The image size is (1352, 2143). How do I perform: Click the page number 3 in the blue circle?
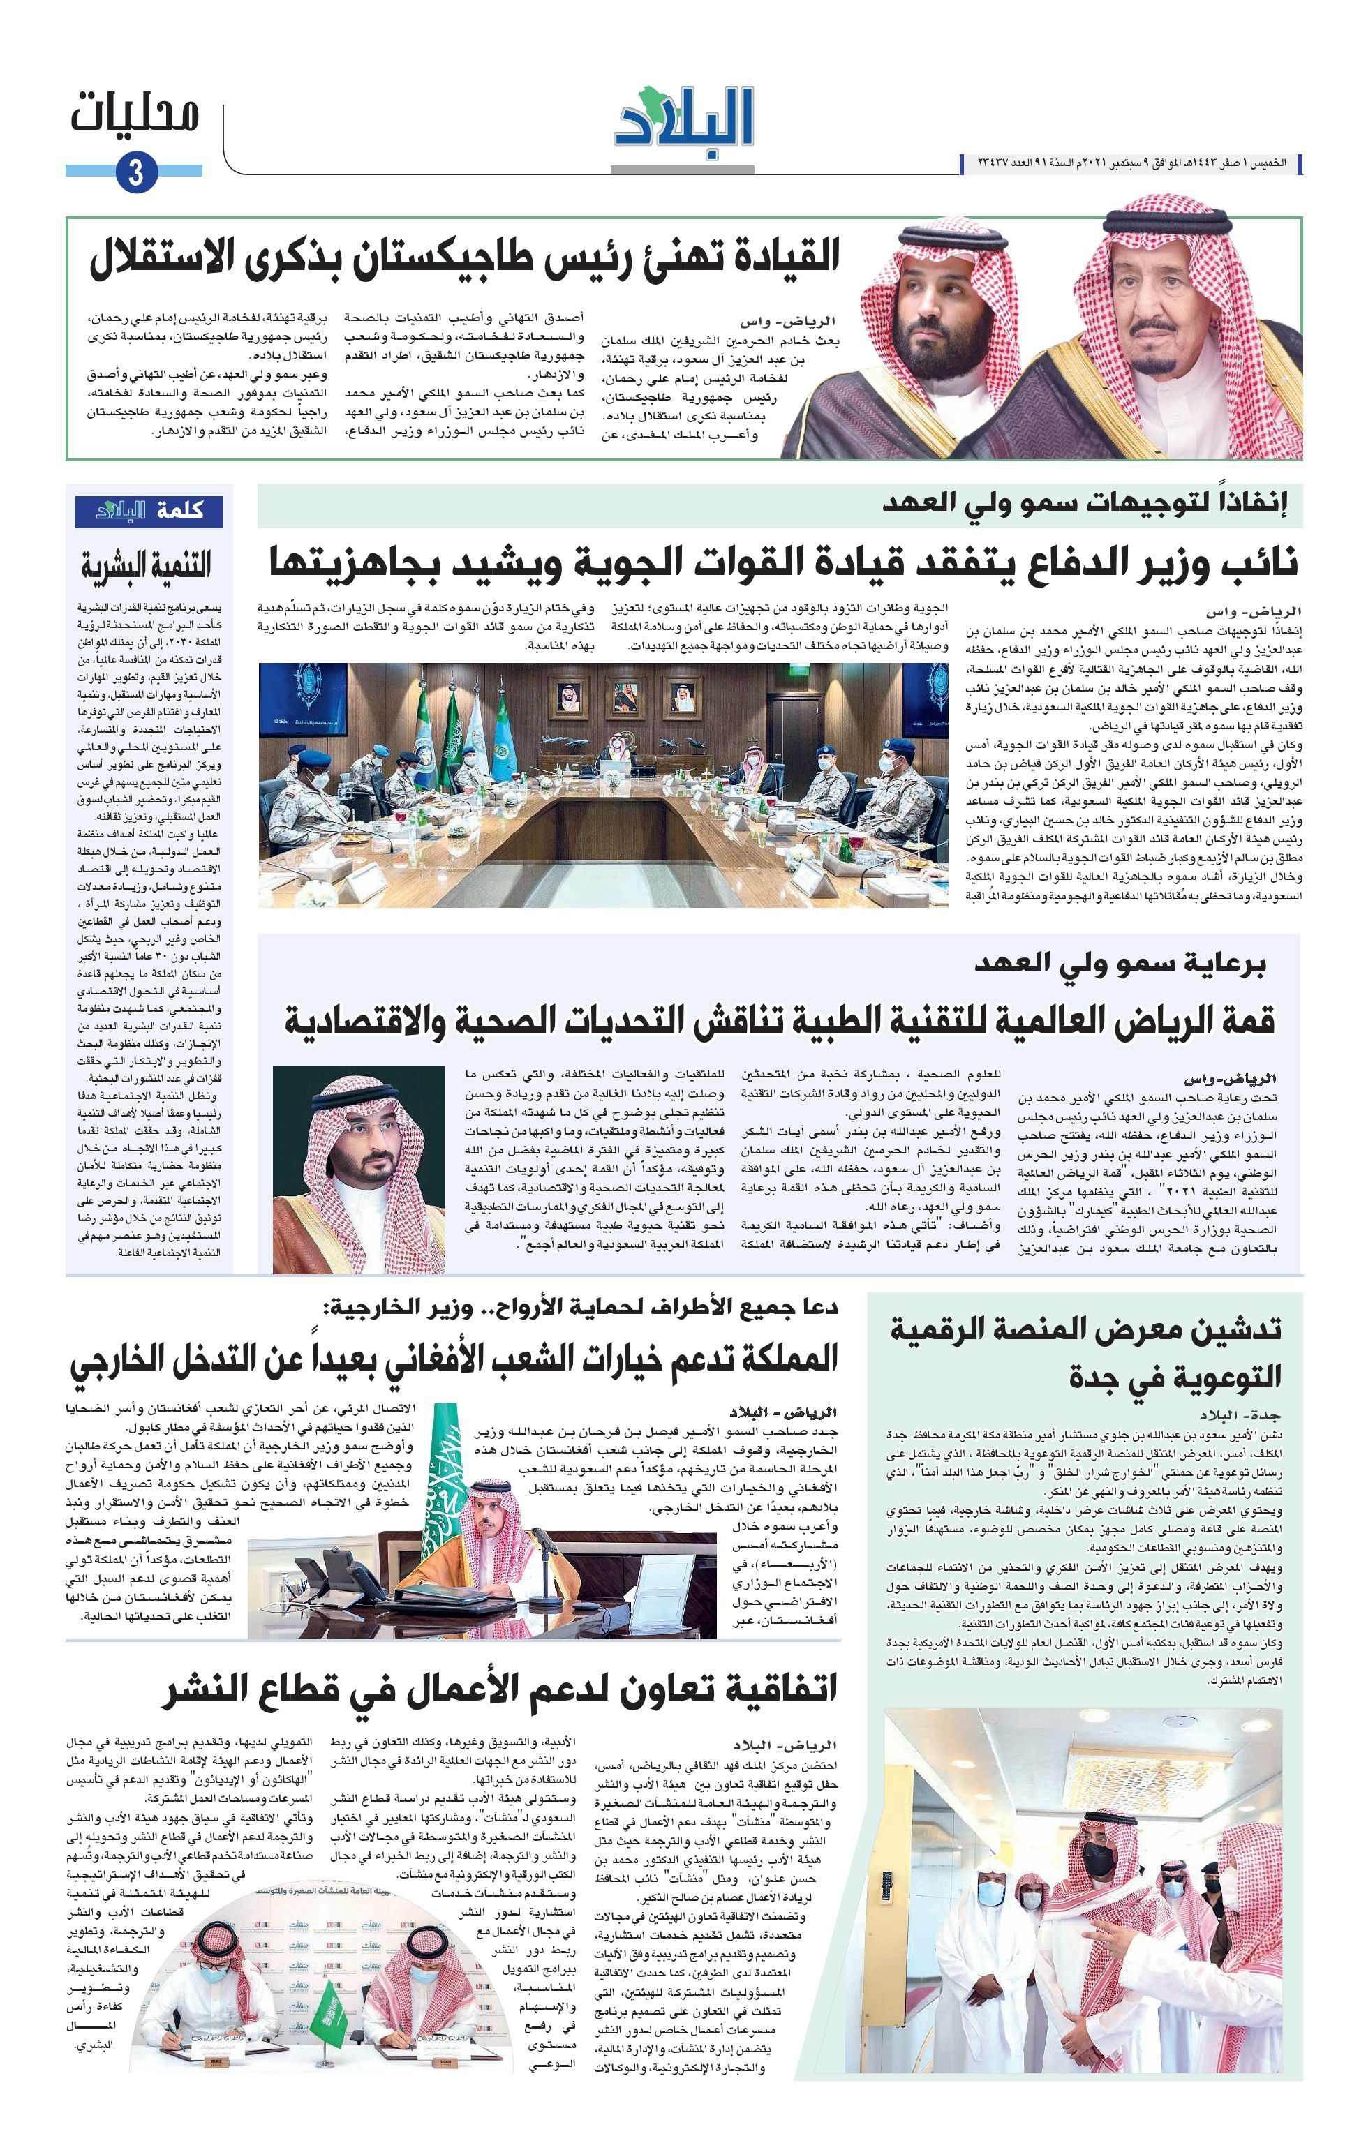tap(135, 172)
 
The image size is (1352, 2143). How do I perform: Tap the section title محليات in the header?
tap(135, 116)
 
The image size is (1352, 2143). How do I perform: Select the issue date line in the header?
tap(1130, 165)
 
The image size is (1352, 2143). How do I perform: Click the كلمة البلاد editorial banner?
tap(149, 511)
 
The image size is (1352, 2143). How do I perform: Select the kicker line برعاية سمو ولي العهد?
tap(1119, 964)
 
